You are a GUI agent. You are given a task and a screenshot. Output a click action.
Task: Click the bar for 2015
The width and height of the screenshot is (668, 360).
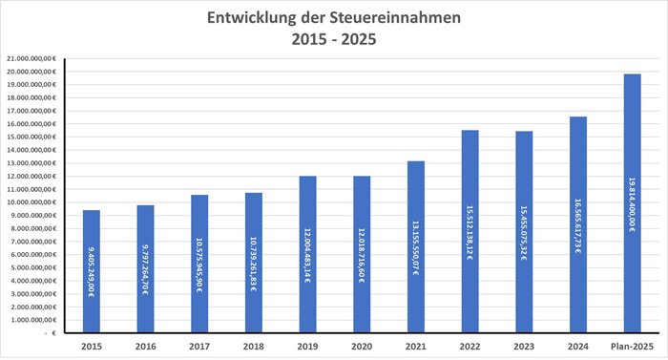(x=91, y=271)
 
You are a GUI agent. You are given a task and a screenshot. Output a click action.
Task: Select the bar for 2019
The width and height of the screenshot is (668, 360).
(x=307, y=255)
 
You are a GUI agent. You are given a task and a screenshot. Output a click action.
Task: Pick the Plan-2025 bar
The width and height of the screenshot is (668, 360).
(x=631, y=203)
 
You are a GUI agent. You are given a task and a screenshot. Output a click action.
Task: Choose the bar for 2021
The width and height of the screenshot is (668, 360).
(x=415, y=247)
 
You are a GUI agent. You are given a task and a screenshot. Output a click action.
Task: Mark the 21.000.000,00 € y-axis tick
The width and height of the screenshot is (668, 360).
(x=32, y=58)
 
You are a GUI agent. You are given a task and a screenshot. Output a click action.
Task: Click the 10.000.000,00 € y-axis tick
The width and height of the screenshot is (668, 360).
(x=32, y=202)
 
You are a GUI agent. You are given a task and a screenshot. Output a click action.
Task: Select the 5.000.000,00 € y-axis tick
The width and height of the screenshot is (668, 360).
(x=34, y=268)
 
